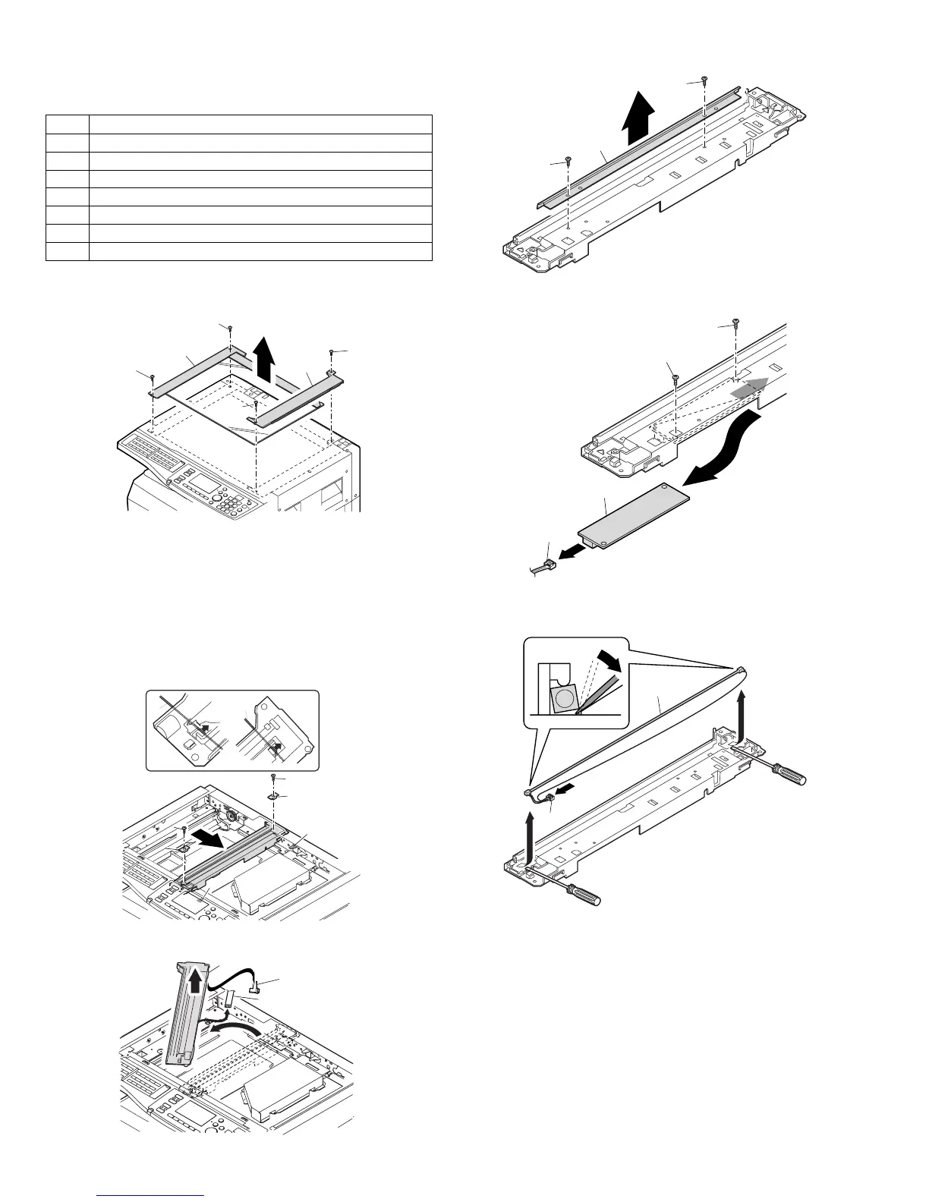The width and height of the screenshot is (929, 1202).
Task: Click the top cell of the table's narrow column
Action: (x=68, y=124)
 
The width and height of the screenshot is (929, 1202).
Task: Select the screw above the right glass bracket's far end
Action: (x=332, y=351)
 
